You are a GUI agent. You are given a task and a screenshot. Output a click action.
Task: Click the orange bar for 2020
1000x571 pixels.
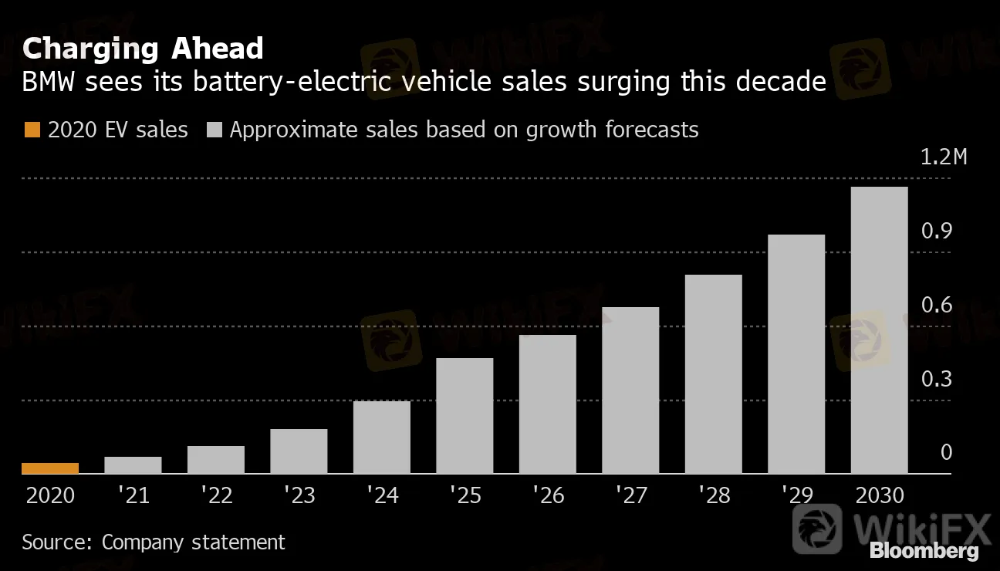click(x=50, y=468)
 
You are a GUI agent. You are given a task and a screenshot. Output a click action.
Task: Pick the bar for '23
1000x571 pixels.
click(x=299, y=451)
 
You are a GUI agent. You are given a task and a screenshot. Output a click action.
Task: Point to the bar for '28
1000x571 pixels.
click(x=713, y=373)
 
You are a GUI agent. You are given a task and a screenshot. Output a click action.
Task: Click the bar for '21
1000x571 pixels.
click(x=133, y=465)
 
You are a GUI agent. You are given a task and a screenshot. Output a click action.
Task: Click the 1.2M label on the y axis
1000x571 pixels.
click(x=943, y=157)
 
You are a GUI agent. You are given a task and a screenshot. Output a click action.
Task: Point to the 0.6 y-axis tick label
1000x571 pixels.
click(x=936, y=306)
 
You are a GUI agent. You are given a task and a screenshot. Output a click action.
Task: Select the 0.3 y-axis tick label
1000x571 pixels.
click(x=936, y=380)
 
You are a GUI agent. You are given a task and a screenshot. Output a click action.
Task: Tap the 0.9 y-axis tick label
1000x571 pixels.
click(x=936, y=231)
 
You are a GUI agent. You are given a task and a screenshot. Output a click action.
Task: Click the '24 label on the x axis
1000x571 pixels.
click(x=381, y=495)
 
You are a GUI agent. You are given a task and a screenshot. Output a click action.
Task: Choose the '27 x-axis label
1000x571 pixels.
click(x=630, y=495)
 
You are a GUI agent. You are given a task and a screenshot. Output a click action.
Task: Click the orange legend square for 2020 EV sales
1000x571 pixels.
click(x=31, y=130)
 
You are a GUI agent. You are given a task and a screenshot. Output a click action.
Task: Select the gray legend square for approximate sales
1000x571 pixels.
click(x=215, y=130)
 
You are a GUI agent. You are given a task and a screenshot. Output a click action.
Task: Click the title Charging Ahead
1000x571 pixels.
click(x=143, y=49)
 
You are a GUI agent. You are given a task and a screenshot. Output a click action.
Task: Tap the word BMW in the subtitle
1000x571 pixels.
click(x=49, y=81)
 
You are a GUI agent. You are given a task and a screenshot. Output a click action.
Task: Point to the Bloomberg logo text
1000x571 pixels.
click(x=924, y=551)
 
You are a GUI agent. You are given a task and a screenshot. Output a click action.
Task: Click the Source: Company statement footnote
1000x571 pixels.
click(x=154, y=542)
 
